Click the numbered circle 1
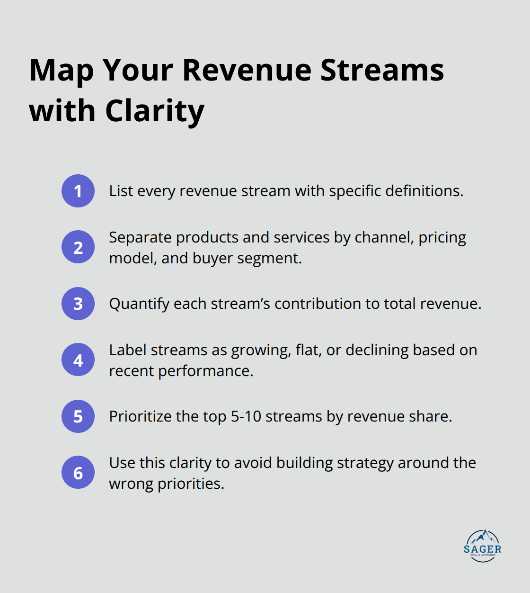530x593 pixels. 78,191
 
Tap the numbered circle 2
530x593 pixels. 78,247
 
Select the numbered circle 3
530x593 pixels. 78,304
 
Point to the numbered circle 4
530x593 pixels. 78,359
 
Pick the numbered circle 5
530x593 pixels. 78,416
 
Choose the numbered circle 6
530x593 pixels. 78,472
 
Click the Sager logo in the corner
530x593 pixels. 482,546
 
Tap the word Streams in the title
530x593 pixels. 382,70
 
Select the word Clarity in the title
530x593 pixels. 155,112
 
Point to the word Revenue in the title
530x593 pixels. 247,70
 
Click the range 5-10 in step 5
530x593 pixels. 246,416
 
